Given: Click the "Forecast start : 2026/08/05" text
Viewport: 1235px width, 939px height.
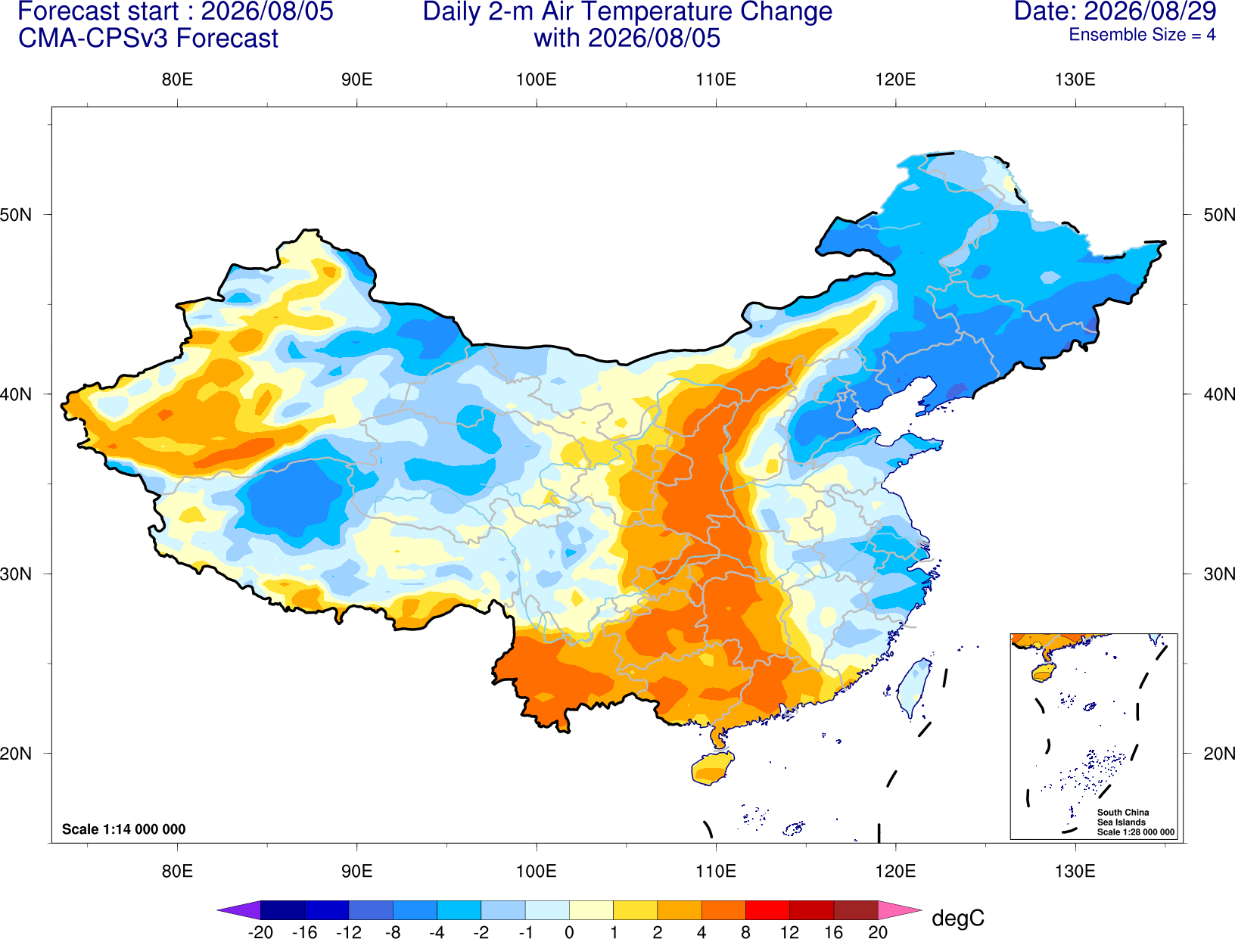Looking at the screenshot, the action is [x=176, y=11].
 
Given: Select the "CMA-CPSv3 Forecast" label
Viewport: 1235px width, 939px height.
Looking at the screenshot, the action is [x=148, y=39].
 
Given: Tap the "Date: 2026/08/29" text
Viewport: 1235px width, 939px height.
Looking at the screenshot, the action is [x=1115, y=11].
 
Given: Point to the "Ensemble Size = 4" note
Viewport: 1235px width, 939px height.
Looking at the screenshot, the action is [x=1142, y=35].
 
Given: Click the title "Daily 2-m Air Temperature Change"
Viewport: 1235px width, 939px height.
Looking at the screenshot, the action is [x=627, y=11].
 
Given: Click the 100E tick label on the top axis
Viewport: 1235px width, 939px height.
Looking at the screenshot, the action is [x=537, y=79].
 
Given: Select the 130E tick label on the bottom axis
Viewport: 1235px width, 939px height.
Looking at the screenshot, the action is [x=1075, y=872].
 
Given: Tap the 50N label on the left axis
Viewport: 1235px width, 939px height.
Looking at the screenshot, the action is [x=16, y=214].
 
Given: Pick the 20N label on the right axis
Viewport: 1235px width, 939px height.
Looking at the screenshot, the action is [x=1218, y=754].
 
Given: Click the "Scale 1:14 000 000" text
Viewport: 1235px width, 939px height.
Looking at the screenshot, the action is [x=124, y=829].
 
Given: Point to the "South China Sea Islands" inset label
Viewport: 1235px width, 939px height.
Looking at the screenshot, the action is [x=1123, y=817].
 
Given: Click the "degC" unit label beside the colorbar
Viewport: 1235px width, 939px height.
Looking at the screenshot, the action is [x=957, y=918].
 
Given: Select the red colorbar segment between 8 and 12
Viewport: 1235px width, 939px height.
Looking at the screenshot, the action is [x=767, y=909].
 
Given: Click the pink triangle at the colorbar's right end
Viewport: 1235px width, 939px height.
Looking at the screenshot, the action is [x=898, y=909].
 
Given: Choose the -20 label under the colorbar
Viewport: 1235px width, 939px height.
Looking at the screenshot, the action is [x=260, y=932].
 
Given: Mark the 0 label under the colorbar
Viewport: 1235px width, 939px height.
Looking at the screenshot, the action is [x=569, y=932].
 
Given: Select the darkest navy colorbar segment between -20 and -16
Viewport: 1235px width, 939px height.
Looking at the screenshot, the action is [x=282, y=909].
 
